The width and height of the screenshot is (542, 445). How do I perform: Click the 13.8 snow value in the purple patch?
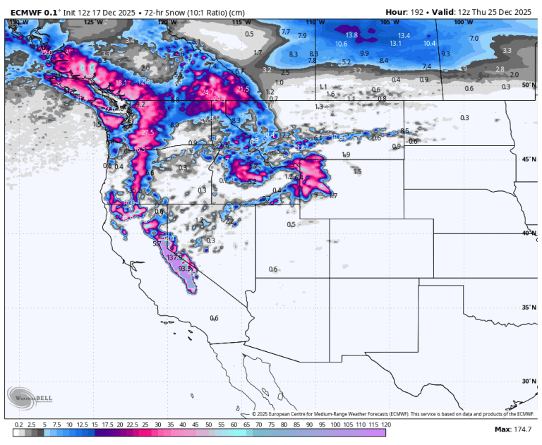pos(351,35)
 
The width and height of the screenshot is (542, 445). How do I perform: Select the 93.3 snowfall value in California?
pos(184,269)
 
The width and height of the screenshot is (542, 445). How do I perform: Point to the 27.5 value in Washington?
pos(147,133)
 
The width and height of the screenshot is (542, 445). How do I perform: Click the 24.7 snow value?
pos(207,92)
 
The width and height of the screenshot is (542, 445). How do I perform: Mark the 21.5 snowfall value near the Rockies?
pos(243,90)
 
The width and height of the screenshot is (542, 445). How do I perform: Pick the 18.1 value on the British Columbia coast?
pos(121,83)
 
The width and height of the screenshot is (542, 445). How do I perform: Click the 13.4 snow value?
pos(404,35)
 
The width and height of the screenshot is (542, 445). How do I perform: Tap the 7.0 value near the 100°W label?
pos(474,38)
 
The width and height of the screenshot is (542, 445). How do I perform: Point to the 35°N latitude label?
pos(529,307)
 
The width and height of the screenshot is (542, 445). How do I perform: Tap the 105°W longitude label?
pos(385,23)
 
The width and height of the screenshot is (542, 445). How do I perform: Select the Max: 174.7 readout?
pos(512,429)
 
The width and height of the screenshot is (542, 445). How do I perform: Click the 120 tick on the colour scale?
pos(386,425)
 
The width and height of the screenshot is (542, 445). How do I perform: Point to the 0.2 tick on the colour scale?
pos(18,425)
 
